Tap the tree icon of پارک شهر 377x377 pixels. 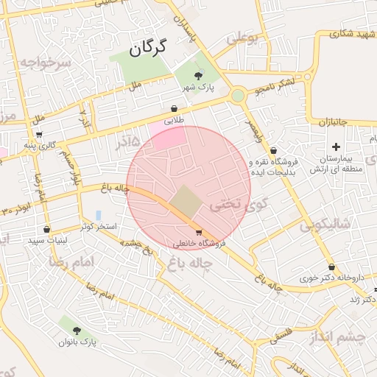198,75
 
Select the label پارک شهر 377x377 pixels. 198,88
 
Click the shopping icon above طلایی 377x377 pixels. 174,108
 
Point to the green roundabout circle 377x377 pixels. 238,96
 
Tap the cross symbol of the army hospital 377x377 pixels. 337,147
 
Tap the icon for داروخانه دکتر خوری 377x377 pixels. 331,267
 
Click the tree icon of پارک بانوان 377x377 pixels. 77,331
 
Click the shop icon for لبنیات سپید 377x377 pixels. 47,229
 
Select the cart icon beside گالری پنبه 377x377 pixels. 38,135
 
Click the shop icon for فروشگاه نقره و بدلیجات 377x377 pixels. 273,151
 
